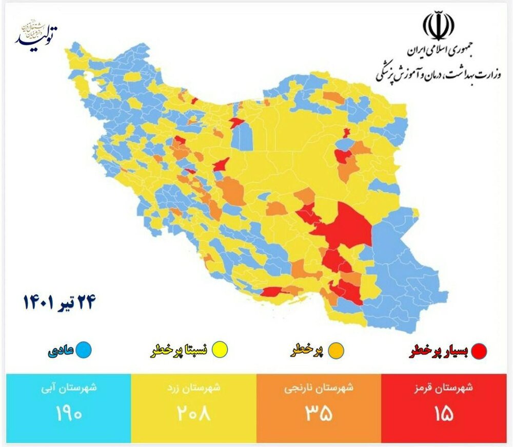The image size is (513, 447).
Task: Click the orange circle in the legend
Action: click(336, 351)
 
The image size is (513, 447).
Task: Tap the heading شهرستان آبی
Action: click(69, 388)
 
